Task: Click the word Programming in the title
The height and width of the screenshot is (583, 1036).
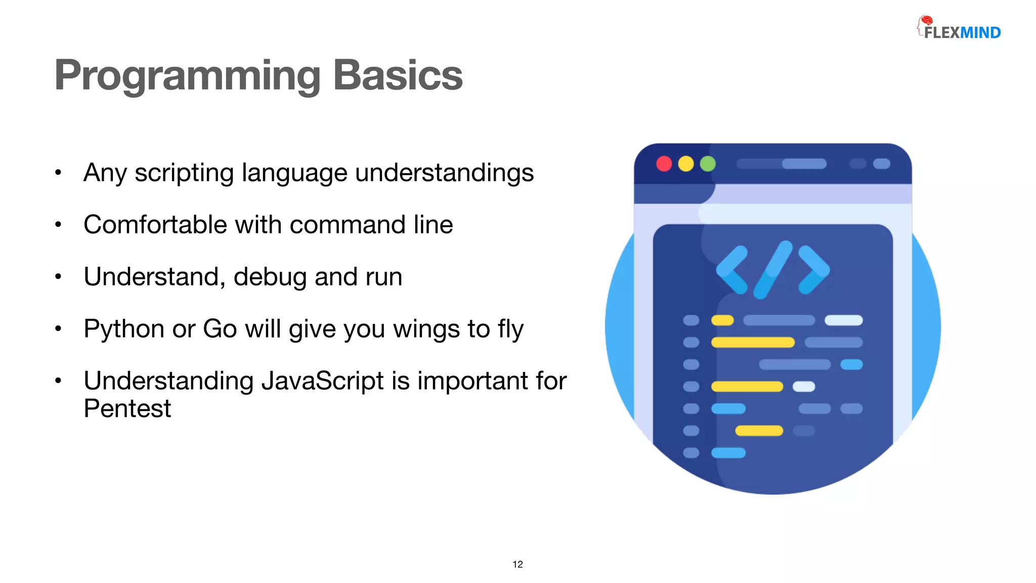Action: pos(187,76)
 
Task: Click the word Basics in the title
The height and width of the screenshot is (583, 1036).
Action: pos(398,76)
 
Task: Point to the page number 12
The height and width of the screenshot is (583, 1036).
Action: pos(517,564)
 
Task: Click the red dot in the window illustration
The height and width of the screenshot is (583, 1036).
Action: pos(664,164)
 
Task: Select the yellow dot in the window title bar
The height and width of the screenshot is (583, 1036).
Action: pos(686,164)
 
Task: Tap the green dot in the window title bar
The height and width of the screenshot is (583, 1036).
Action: pos(708,164)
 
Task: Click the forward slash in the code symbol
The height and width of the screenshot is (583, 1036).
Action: pos(772,269)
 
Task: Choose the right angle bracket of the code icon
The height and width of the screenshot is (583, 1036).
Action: pos(813,270)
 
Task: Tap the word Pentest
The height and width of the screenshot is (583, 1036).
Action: pos(127,408)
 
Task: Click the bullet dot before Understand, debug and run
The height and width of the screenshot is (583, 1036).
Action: pos(58,277)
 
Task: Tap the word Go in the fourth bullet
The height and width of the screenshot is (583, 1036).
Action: pos(220,329)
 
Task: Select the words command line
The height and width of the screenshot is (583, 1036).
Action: pos(371,225)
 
